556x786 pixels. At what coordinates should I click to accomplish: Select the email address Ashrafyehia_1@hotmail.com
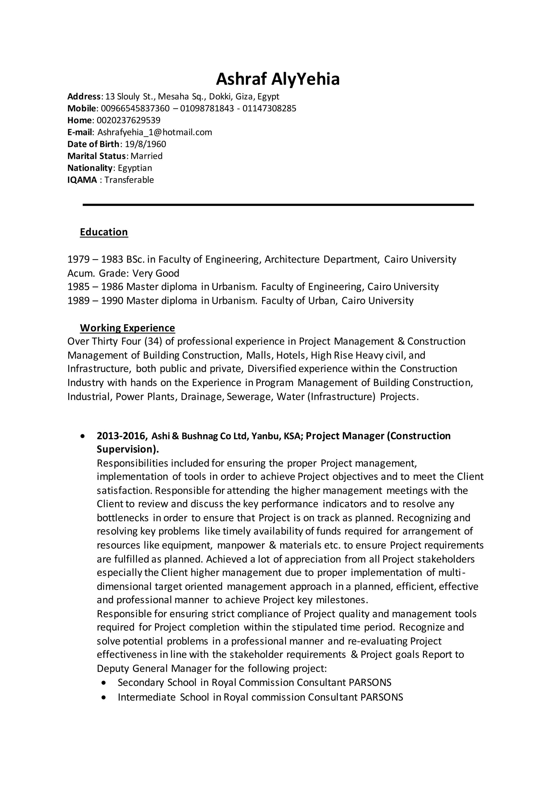click(155, 132)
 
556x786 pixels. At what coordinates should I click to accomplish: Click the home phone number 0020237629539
click(128, 121)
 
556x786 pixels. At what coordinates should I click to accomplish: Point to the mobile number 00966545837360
click(135, 109)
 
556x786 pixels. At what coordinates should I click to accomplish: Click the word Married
click(147, 156)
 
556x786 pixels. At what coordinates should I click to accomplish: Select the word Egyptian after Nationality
click(135, 168)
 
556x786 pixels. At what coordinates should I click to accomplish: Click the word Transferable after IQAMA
click(129, 180)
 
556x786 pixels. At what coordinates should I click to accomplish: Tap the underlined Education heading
click(104, 232)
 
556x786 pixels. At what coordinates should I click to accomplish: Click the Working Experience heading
click(127, 328)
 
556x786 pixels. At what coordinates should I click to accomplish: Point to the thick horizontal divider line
click(278, 205)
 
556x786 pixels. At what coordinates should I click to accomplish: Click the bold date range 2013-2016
click(122, 436)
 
